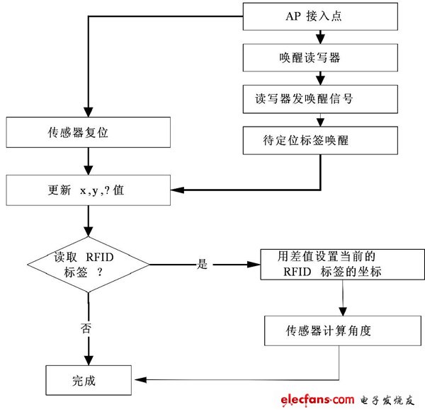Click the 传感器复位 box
point(88,132)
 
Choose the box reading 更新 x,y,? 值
point(88,190)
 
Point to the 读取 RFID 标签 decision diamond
point(88,265)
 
